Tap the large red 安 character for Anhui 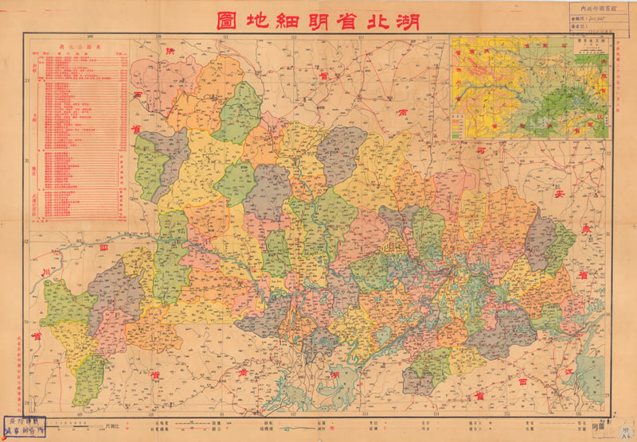point(559,192)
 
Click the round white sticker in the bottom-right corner point(621,430)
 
